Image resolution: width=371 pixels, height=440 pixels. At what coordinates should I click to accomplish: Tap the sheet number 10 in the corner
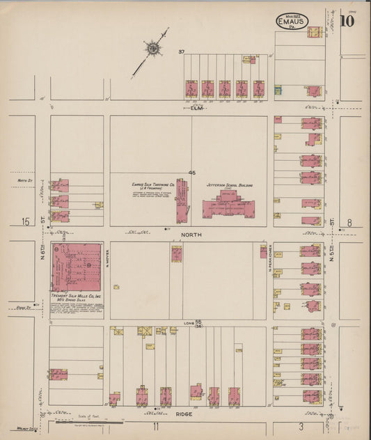pos(347,20)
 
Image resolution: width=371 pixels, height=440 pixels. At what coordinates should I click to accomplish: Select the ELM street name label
pos(196,108)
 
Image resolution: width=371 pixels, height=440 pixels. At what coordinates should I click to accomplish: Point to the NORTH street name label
pos(191,235)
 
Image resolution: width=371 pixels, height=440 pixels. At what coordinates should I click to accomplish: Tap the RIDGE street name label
pos(184,414)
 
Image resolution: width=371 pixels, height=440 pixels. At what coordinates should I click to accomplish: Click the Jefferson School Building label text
pos(229,186)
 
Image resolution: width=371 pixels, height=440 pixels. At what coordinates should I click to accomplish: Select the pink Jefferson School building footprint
pos(228,207)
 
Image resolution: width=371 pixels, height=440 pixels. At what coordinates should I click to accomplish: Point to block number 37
pos(181,52)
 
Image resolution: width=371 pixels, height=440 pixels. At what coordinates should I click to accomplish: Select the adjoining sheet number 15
pos(26,222)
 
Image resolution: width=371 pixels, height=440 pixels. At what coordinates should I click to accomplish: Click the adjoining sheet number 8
pos(350,222)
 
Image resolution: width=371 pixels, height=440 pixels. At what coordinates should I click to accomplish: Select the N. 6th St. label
pos(42,247)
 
